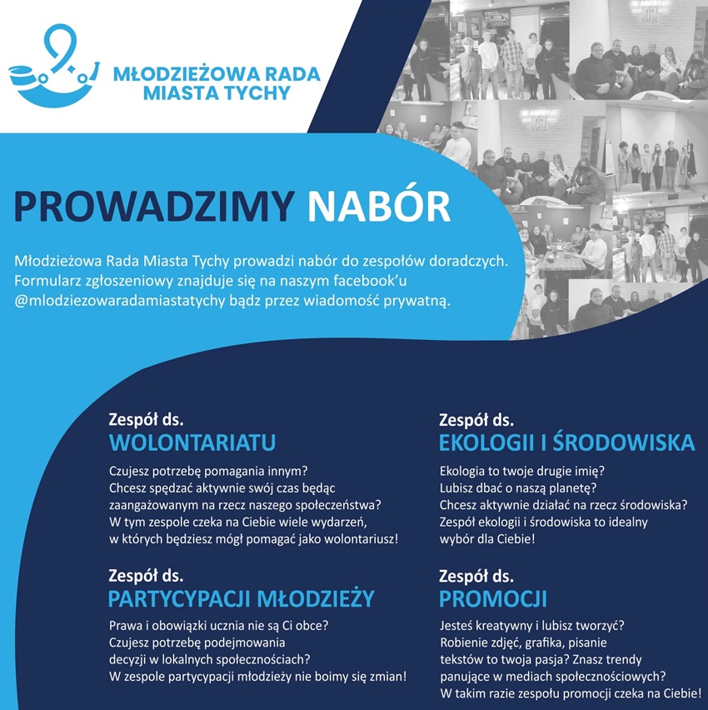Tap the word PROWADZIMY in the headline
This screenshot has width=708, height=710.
[155, 207]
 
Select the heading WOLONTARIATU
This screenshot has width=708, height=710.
[192, 441]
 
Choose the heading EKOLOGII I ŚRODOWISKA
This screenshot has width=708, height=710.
[566, 441]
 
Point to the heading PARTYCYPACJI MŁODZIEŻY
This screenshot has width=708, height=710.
[241, 598]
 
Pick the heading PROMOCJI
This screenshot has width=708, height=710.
[492, 598]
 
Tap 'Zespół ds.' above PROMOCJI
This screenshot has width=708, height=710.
[476, 576]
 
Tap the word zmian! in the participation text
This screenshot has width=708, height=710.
[387, 676]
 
